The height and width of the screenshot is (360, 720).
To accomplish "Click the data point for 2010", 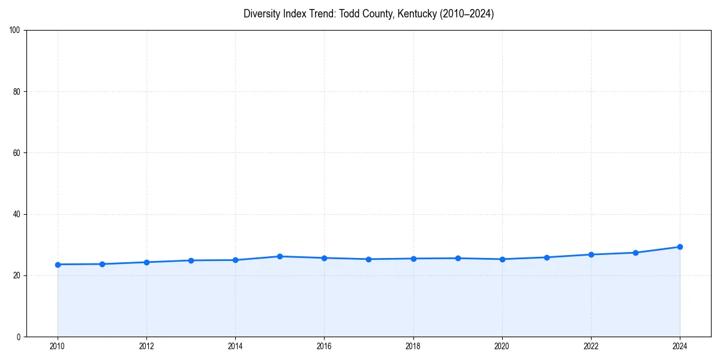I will pyautogui.click(x=58, y=265).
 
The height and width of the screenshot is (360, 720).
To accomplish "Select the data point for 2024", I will pyautogui.click(x=680, y=247).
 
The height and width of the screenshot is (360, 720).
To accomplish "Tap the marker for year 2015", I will pyautogui.click(x=280, y=256).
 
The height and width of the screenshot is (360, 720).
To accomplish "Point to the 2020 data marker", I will pyautogui.click(x=502, y=259).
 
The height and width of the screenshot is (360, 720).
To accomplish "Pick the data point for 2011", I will pyautogui.click(x=102, y=264).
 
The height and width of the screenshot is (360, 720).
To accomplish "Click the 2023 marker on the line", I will pyautogui.click(x=635, y=253).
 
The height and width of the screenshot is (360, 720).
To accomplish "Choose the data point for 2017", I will pyautogui.click(x=368, y=259).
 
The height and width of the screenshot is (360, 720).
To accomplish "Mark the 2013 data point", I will pyautogui.click(x=191, y=260).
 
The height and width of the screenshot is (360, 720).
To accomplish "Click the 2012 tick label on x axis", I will pyautogui.click(x=146, y=346).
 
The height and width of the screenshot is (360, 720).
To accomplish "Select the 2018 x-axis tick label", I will pyautogui.click(x=413, y=346).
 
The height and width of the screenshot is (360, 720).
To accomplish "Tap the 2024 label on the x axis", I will pyautogui.click(x=680, y=346).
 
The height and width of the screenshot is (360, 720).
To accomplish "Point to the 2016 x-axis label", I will pyautogui.click(x=324, y=346).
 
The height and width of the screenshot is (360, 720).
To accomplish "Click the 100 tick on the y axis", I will pyautogui.click(x=16, y=31).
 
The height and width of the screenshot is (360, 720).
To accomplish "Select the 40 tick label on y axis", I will pyautogui.click(x=17, y=214).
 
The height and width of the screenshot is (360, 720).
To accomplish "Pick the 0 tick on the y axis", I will pyautogui.click(x=19, y=337).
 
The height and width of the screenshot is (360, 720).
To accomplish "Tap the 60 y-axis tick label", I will pyautogui.click(x=17, y=153).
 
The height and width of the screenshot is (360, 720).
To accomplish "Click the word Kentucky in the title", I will pyautogui.click(x=417, y=14).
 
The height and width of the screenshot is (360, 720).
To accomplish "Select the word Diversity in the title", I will pyautogui.click(x=262, y=14).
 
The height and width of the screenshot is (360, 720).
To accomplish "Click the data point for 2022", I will pyautogui.click(x=591, y=254).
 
